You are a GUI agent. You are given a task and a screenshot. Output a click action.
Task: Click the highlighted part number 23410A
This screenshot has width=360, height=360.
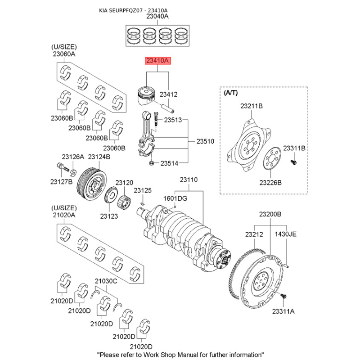[157, 60]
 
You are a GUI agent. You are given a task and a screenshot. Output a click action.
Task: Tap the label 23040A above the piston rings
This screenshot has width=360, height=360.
[157, 17]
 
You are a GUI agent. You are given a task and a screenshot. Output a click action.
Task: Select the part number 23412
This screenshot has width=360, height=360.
[168, 95]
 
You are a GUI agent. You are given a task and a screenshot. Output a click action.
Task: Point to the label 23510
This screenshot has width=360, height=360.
[205, 141]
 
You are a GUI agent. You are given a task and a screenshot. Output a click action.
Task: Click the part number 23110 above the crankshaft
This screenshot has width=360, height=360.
[189, 180]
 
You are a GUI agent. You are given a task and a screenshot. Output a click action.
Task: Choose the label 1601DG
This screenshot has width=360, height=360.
[175, 198]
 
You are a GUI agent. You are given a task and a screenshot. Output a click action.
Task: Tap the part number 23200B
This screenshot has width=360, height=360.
[270, 214]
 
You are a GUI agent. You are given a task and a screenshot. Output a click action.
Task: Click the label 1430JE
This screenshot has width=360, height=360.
[286, 234]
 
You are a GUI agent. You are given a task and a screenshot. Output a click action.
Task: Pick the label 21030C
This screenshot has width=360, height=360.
[106, 281]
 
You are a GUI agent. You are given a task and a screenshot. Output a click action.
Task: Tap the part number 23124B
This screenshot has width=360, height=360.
[99, 157]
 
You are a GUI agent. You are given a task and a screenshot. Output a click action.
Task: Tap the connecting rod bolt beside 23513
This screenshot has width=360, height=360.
[155, 118]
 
